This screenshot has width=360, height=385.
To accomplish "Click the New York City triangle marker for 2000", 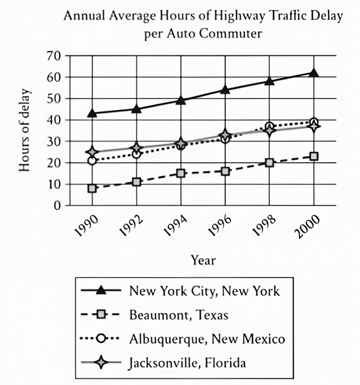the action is [313, 73].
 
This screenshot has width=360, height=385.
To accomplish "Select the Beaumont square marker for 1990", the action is [92, 188].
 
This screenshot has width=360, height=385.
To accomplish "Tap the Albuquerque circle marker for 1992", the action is [136, 154].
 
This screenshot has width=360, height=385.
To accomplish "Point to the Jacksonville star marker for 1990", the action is [92, 152].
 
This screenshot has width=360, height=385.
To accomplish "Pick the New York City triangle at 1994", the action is [181, 100].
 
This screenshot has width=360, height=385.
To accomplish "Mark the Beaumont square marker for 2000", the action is [313, 156].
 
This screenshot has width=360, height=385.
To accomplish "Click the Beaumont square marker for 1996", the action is [225, 171].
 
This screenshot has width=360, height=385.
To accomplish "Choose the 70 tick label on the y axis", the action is [53, 56].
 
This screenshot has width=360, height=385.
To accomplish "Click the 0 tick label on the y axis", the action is [57, 206].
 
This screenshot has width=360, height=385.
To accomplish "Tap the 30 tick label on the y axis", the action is [53, 141].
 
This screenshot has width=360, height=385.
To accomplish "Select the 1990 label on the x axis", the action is [86, 226].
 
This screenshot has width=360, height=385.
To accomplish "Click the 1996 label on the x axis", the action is [219, 226].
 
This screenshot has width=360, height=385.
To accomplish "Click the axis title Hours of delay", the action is [24, 131].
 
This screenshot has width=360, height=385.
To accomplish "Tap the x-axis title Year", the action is [203, 261].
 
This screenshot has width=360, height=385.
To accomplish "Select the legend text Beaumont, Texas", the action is [179, 315].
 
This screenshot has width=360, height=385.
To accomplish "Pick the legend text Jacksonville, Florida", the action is [187, 363].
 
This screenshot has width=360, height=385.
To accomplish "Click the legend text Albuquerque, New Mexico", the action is [207, 339].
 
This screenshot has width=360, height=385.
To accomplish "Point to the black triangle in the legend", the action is [101, 290].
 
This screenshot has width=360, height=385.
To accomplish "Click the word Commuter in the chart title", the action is [230, 33].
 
